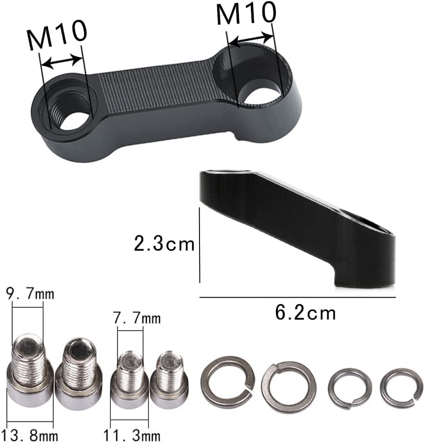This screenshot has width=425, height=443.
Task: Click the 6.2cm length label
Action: [x=306, y=313]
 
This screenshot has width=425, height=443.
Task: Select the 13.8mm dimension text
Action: [x=26, y=435]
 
